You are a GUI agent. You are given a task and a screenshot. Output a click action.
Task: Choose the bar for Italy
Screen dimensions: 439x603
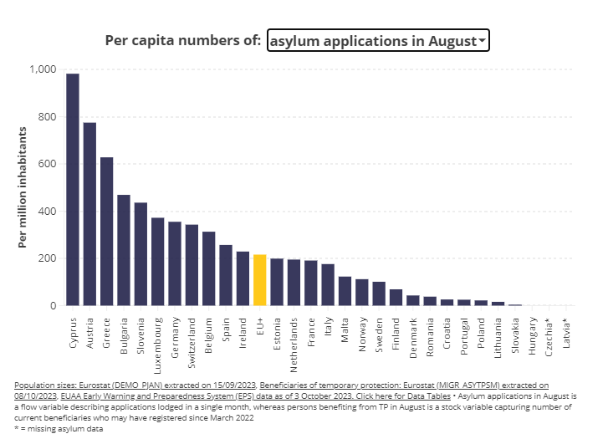point(328,285)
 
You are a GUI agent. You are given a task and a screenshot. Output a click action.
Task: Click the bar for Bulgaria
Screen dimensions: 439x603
point(124,250)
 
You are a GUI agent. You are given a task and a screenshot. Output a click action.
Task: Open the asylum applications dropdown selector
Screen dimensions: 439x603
point(377,40)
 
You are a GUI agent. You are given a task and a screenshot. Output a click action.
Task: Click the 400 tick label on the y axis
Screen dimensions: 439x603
point(46,212)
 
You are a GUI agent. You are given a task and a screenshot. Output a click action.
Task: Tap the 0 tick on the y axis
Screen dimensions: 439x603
point(53,306)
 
